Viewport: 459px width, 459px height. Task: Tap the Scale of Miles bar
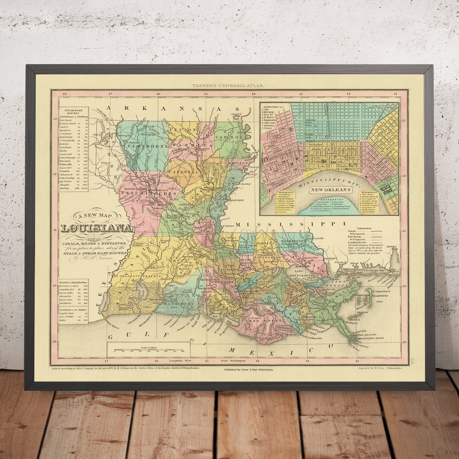pos(149,351)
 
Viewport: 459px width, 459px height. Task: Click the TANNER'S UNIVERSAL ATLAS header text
pos(229,86)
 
